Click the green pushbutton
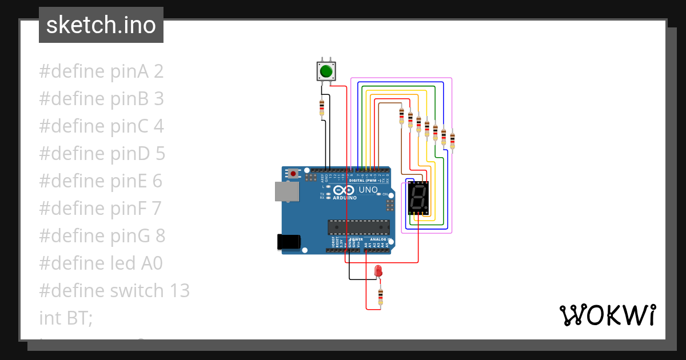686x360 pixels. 326,71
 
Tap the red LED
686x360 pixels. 377,271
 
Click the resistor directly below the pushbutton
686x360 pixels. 322,107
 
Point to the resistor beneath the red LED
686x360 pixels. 381,297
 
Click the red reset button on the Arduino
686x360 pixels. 294,173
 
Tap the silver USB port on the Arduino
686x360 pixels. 286,191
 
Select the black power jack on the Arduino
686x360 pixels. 288,242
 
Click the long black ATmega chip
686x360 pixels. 358,227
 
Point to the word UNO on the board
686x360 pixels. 368,190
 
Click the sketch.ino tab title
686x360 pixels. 101,25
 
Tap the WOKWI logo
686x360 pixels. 607,315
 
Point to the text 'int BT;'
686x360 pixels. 66,318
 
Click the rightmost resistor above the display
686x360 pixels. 452,140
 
